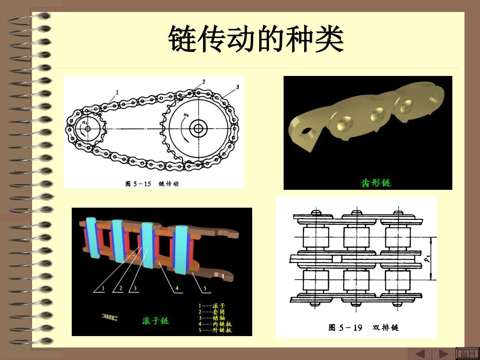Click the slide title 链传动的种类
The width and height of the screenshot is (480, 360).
tap(256, 39)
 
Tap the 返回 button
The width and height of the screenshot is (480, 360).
tap(467, 353)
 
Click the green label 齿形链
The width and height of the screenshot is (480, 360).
tap(376, 183)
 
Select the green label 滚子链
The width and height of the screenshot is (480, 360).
tap(156, 321)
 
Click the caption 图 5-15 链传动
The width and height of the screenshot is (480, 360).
tap(152, 183)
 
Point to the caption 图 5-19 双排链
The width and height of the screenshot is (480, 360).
tap(363, 327)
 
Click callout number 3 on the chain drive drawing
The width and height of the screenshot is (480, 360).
tap(238, 87)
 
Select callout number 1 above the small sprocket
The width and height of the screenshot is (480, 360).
tap(117, 92)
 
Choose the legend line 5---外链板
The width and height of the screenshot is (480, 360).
tap(215, 330)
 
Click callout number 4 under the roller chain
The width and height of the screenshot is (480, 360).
tap(177, 288)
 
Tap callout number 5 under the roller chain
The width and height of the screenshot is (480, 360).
tap(205, 288)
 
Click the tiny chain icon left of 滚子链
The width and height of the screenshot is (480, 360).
tap(110, 317)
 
